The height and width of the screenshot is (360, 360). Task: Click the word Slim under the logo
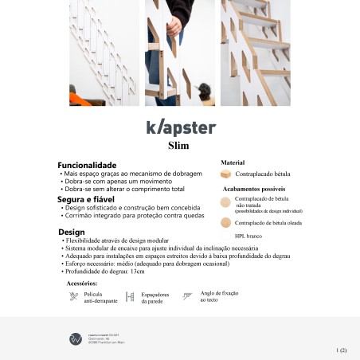[178, 146]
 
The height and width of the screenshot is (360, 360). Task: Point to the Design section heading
[71, 232]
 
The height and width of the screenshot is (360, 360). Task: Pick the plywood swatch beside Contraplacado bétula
[226, 173]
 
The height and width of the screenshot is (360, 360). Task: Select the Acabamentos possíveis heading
[252, 190]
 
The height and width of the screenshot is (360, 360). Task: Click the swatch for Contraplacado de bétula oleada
[225, 223]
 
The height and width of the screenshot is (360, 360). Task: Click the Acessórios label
[82, 284]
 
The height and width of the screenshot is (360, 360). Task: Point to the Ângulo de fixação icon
[188, 297]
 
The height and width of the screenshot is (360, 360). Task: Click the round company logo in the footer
[76, 338]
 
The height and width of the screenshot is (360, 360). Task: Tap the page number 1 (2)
[342, 349]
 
